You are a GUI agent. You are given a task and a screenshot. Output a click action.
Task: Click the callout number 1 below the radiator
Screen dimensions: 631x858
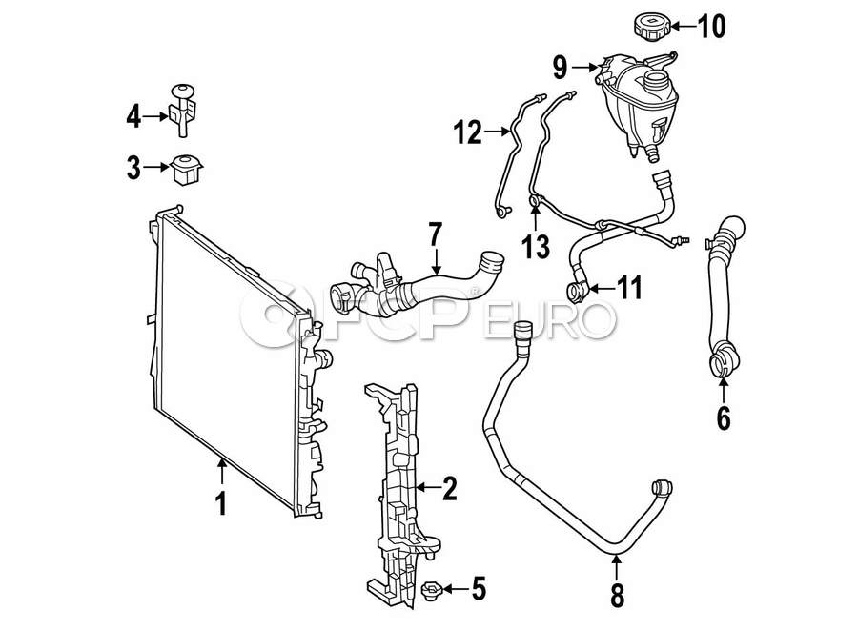click(x=221, y=502)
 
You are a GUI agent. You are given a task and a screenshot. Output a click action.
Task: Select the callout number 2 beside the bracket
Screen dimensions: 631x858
click(x=449, y=490)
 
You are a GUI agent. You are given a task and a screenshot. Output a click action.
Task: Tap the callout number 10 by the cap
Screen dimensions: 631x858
click(x=711, y=26)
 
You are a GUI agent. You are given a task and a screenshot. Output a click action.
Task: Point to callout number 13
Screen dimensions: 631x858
click(x=537, y=248)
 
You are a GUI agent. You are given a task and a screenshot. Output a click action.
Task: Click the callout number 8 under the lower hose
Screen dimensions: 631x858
click(x=617, y=596)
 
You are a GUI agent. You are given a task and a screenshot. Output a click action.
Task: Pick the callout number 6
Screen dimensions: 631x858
click(x=723, y=417)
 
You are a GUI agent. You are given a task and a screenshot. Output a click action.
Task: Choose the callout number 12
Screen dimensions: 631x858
click(x=467, y=133)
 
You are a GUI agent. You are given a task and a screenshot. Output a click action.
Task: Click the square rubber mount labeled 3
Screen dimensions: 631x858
click(x=184, y=169)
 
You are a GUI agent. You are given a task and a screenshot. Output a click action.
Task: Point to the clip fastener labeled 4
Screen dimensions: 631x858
click(x=182, y=107)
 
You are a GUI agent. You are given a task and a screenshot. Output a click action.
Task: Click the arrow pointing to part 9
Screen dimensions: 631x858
click(x=587, y=67)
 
